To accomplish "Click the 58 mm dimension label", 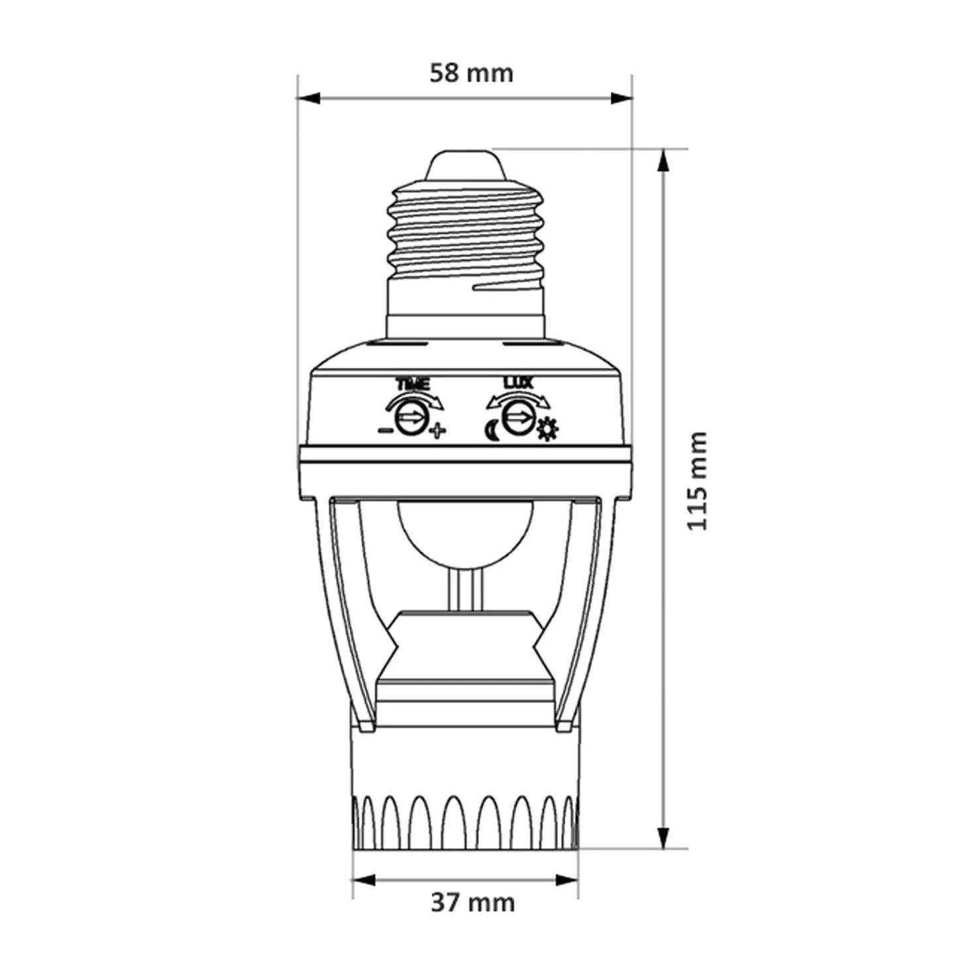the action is click(471, 74).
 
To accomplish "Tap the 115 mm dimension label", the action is click(697, 480).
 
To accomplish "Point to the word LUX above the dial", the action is click(517, 382).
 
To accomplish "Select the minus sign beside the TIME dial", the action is click(385, 431).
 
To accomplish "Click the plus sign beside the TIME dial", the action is click(438, 431).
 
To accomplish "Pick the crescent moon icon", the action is click(493, 431).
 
